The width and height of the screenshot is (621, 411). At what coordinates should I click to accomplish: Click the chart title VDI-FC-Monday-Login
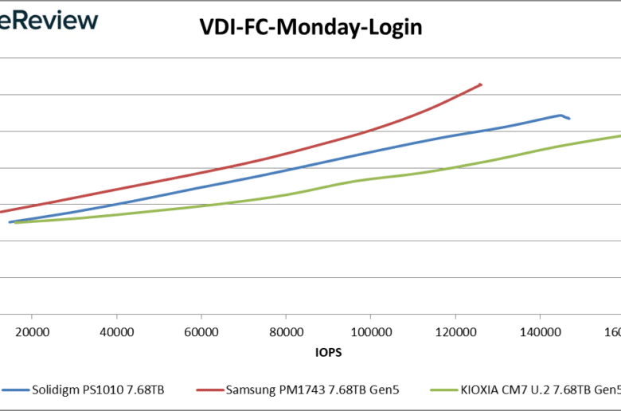coord(310,29)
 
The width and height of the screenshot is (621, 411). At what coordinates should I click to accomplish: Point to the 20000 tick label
coord(32,331)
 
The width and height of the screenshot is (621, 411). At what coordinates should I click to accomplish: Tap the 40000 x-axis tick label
coord(116,331)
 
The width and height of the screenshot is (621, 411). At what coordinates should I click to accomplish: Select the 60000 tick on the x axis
coord(201,331)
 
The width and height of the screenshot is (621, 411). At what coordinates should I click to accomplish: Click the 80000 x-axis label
coord(285,331)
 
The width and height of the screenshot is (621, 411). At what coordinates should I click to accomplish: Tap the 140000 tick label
coord(540,331)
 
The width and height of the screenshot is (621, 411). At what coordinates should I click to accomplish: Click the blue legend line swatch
coord(15,390)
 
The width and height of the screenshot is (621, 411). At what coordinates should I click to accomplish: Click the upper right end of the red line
coord(481,84)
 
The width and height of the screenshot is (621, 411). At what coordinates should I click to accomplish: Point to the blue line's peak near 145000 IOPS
coord(560,115)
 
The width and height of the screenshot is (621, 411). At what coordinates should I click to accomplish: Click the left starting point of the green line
coord(14,223)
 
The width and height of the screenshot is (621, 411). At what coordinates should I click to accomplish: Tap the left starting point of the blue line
coord(10,222)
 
